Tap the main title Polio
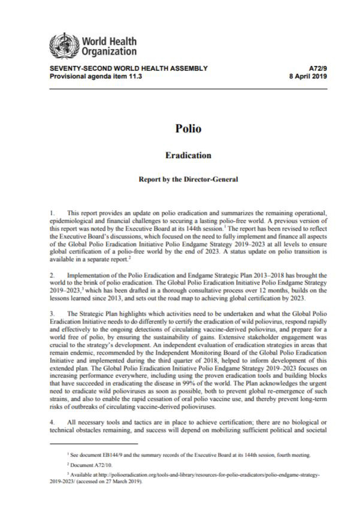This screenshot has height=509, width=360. pyautogui.click(x=180, y=128)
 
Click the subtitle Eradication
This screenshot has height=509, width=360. pyautogui.click(x=180, y=155)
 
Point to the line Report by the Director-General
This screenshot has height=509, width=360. pyautogui.click(x=180, y=179)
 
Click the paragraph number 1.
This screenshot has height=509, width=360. pyautogui.click(x=53, y=214)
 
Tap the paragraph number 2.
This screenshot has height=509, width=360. pyautogui.click(x=53, y=272)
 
